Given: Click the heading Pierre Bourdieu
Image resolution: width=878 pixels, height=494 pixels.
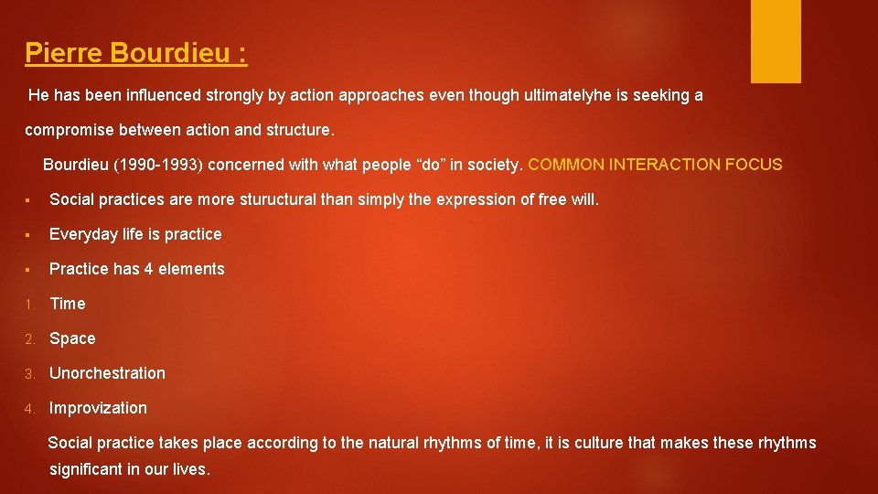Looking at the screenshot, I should click(x=135, y=53).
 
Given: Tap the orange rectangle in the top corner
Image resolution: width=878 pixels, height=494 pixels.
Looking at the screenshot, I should click(x=776, y=40).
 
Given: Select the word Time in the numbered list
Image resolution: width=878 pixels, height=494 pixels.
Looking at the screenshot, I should click(x=68, y=304).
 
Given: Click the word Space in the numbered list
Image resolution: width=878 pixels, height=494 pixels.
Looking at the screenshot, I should click(x=72, y=338).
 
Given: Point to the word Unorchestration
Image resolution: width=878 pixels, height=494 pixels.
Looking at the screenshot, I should click(x=107, y=373).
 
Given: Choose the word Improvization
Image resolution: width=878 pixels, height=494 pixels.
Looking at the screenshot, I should click(x=98, y=408).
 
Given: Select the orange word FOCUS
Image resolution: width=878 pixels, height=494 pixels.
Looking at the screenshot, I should click(x=754, y=165).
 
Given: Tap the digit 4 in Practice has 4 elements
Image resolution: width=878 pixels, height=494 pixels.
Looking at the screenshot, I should click(x=149, y=269).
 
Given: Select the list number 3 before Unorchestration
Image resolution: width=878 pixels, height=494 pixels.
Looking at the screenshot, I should click(x=29, y=373).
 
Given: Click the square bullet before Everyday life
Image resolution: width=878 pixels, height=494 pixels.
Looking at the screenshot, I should click(x=29, y=234).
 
